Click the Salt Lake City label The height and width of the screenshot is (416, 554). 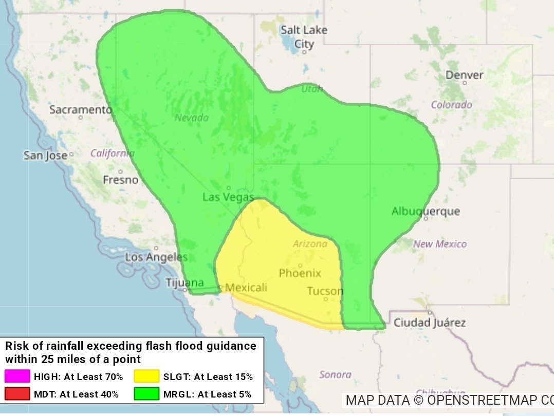click(x=304, y=37)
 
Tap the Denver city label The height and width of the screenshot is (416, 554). click(x=464, y=75)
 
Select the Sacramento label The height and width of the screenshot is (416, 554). click(x=80, y=110)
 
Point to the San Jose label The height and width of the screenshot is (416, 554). click(x=45, y=155)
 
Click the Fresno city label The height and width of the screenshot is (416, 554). click(x=120, y=180)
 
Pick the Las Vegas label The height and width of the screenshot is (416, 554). click(x=228, y=197)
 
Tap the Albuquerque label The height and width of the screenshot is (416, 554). click(x=426, y=211)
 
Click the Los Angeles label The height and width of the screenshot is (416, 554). click(x=156, y=257)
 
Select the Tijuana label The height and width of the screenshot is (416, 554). click(x=184, y=282)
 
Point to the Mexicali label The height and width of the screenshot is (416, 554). click(x=246, y=288)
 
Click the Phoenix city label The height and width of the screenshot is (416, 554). click(x=300, y=273)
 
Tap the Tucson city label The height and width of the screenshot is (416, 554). click(x=325, y=291)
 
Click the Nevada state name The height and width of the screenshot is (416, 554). click(x=192, y=118)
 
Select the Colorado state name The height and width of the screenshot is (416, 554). click(x=451, y=105)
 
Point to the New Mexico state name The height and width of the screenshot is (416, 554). click(x=440, y=244)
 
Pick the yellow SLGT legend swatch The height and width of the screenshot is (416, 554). click(x=146, y=376)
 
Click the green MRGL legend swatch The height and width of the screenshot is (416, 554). click(x=146, y=394)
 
